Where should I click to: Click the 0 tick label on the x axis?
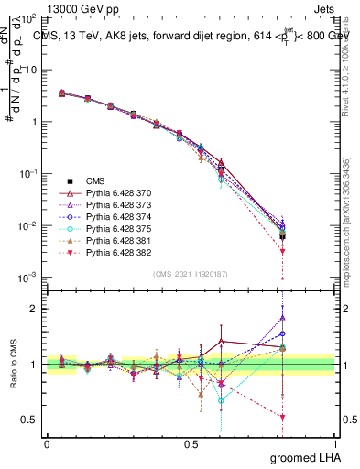(47, 442)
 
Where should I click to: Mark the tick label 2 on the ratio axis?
(34, 309)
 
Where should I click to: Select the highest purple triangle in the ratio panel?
(283, 318)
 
